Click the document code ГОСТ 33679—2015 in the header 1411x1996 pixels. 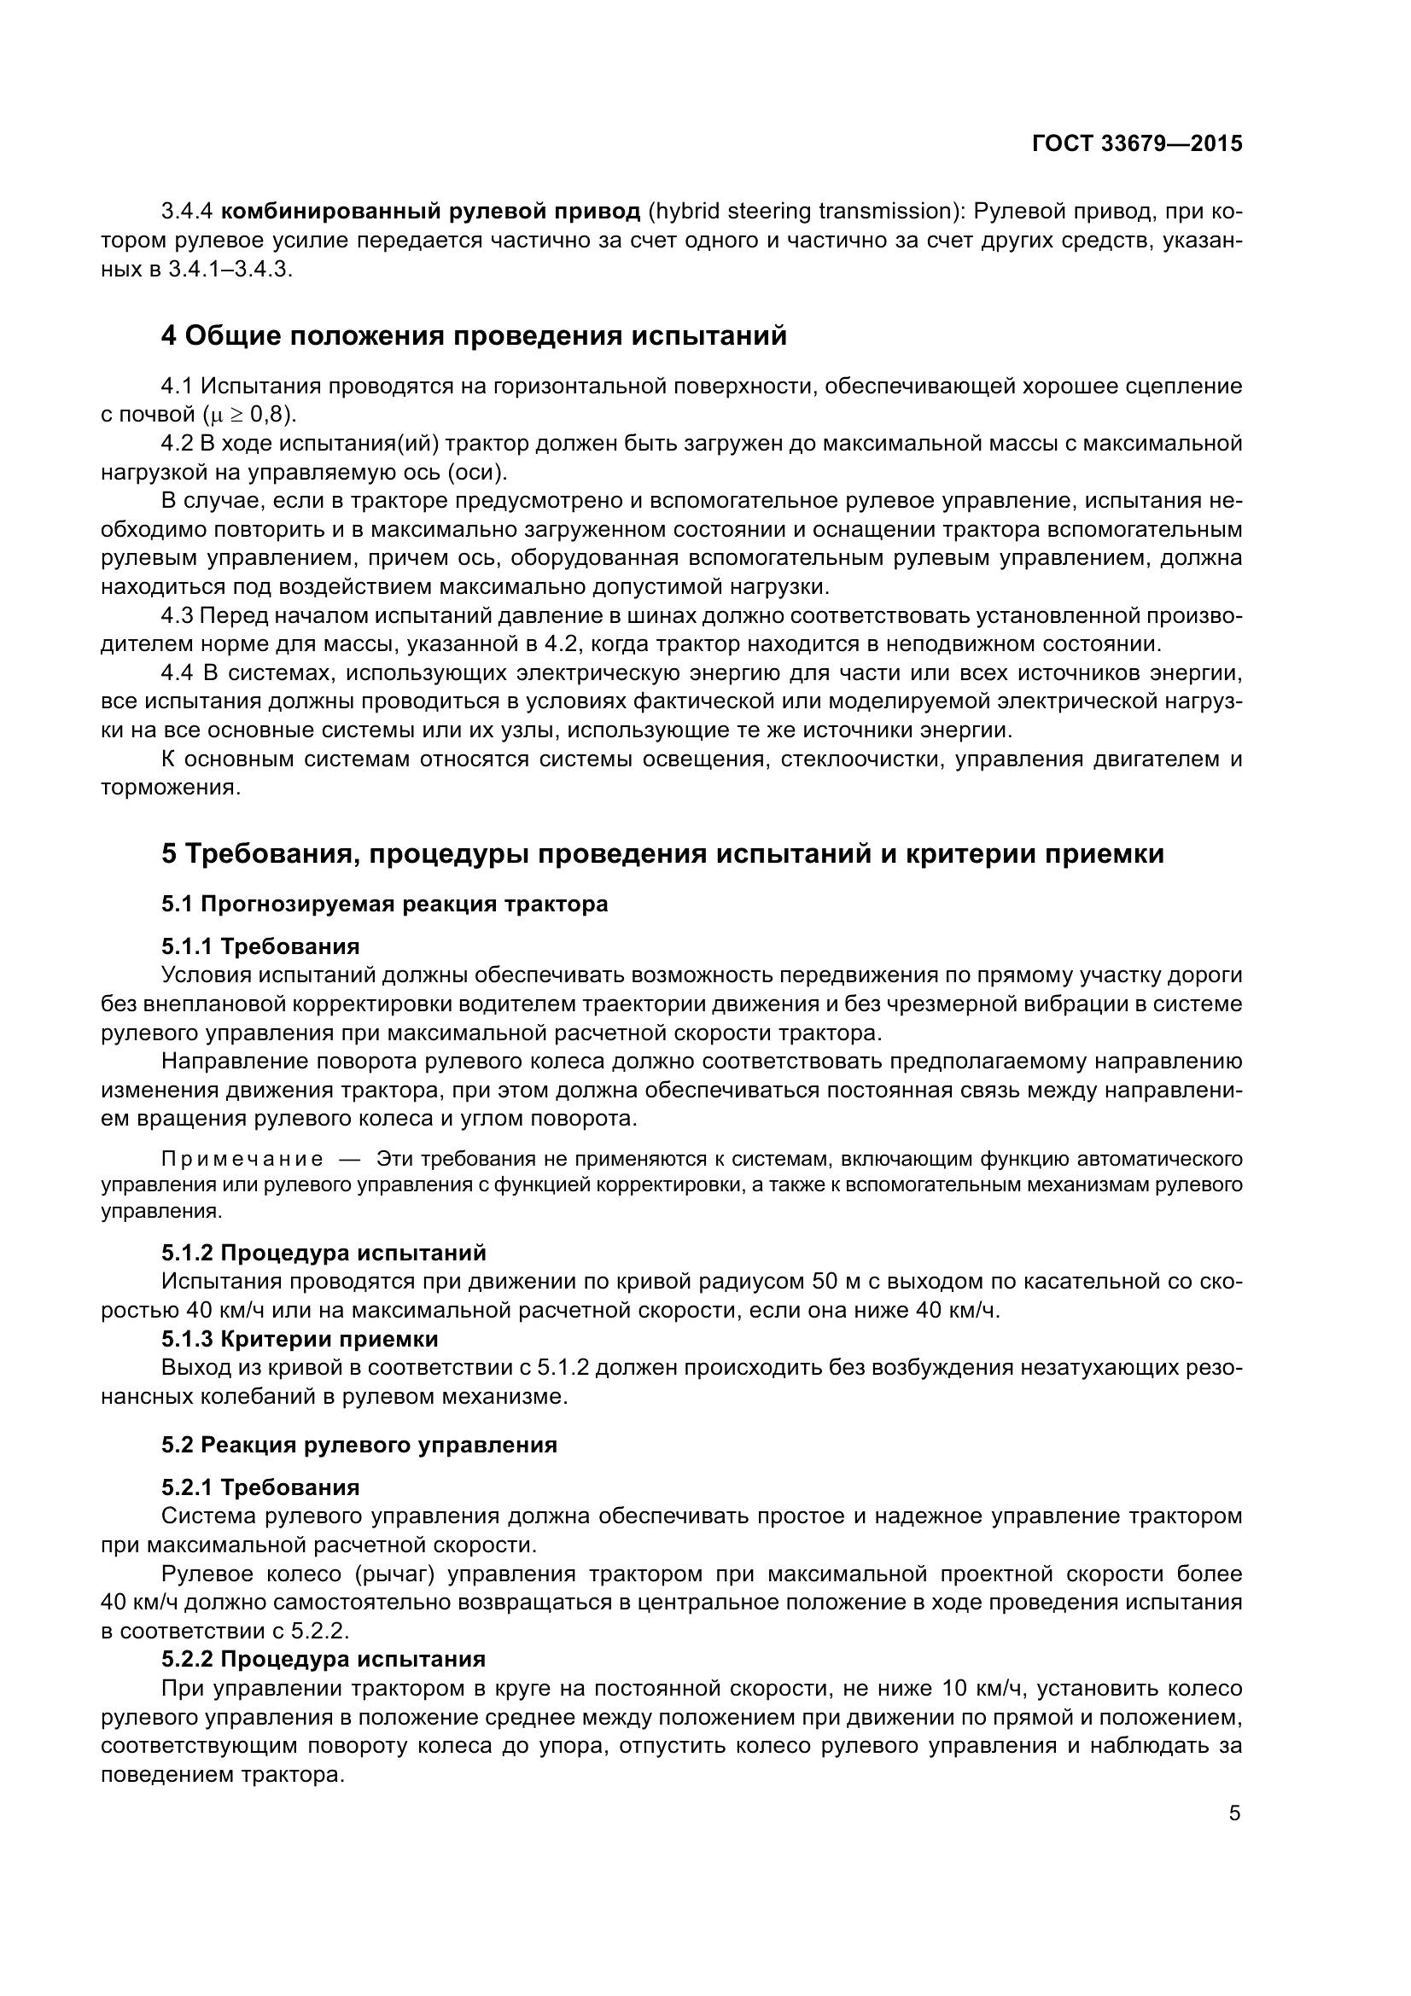click(x=1136, y=143)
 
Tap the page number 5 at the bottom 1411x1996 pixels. click(x=1234, y=1813)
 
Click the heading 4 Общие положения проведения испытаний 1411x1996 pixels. click(x=474, y=335)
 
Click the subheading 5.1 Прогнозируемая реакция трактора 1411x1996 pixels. click(x=384, y=904)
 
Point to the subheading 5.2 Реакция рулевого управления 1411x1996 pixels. click(x=359, y=1445)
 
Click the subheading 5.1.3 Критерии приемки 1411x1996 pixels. click(x=300, y=1338)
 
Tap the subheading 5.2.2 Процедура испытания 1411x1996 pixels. click(x=324, y=1659)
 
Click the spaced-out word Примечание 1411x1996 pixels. click(x=242, y=1159)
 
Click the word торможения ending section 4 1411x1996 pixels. click(x=169, y=788)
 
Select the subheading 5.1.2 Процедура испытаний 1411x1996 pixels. click(x=324, y=1253)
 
